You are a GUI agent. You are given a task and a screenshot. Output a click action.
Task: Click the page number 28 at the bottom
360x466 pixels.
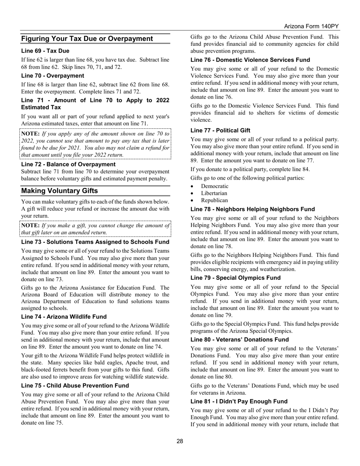pyautogui.click(x=180, y=441)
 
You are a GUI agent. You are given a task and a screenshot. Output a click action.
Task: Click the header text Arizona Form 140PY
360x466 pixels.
pyautogui.click(x=311, y=27)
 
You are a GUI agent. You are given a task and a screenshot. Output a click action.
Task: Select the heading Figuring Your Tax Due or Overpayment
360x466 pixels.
pyautogui.click(x=87, y=39)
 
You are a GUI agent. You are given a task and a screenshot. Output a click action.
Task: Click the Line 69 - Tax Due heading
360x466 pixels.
pyautogui.click(x=45, y=51)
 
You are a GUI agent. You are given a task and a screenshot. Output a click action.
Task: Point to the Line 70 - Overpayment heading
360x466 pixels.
pyautogui.click(x=53, y=76)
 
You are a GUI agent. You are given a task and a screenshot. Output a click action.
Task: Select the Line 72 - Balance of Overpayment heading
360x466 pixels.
pyautogui.click(x=68, y=164)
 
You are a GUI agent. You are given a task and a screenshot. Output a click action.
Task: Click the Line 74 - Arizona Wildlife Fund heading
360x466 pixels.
pyautogui.click(x=64, y=317)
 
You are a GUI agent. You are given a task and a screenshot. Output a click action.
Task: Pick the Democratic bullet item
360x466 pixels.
pyautogui.click(x=214, y=186)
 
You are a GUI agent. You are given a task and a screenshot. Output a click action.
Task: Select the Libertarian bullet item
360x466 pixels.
pyautogui.click(x=214, y=193)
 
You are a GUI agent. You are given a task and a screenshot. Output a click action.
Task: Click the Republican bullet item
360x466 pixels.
pyautogui.click(x=214, y=200)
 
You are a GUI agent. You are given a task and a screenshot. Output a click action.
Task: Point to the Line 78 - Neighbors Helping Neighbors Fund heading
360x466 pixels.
pyautogui.click(x=252, y=209)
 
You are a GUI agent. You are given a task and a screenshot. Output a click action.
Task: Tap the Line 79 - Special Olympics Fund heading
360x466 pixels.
pyautogui.click(x=235, y=278)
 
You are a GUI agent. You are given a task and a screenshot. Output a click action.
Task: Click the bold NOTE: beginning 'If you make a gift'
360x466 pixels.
pyautogui.click(x=30, y=225)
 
